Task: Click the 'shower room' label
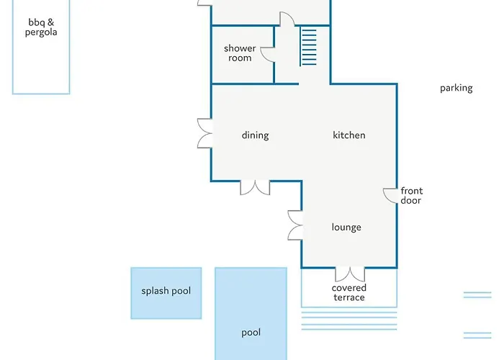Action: (240, 53)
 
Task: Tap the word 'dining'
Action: (255, 135)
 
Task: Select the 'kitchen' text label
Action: (349, 135)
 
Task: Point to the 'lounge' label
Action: (346, 228)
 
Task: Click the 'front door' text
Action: (411, 195)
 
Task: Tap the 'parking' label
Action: (456, 88)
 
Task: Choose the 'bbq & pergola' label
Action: (41, 27)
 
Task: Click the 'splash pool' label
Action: (166, 291)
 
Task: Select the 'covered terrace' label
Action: (349, 292)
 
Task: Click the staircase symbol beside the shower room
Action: (308, 47)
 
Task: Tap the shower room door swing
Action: (267, 55)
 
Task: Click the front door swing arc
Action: (390, 196)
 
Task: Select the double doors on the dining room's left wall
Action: (204, 133)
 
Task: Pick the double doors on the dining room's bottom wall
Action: (255, 188)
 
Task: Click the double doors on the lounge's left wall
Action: (295, 225)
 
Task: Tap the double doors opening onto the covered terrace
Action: (350, 274)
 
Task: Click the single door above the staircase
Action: (287, 19)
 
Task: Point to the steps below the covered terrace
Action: (349, 321)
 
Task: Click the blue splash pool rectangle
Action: (166, 293)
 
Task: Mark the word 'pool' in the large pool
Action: (251, 333)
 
